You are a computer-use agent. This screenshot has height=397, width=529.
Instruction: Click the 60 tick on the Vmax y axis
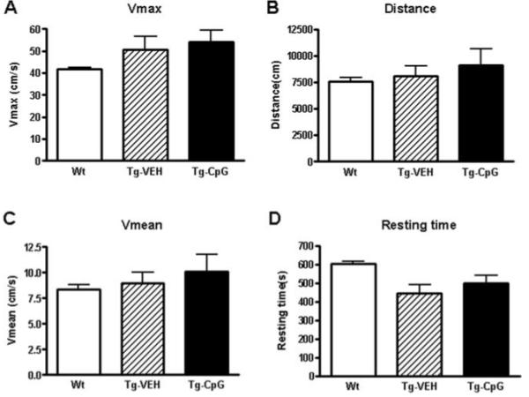38,29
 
